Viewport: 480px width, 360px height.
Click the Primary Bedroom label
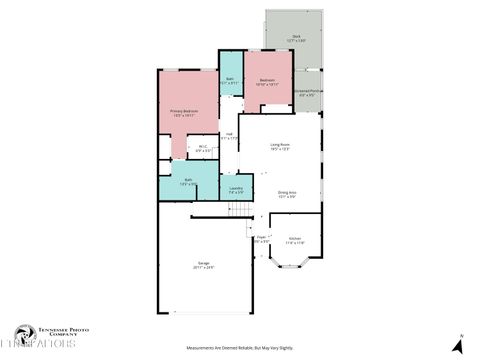pyautogui.click(x=183, y=112)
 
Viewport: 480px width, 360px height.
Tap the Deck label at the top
pyautogui.click(x=296, y=38)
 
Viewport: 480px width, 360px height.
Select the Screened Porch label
pyautogui.click(x=308, y=94)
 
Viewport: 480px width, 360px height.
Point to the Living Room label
pyautogui.click(x=280, y=146)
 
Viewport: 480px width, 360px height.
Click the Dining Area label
pyautogui.click(x=287, y=193)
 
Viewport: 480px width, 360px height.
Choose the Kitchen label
pyautogui.click(x=295, y=240)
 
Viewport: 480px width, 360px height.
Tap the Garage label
pyautogui.click(x=204, y=265)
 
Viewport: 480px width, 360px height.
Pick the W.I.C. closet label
pyautogui.click(x=202, y=149)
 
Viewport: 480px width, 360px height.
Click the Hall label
pyautogui.click(x=229, y=136)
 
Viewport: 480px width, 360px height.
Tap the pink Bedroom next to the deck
pyautogui.click(x=267, y=81)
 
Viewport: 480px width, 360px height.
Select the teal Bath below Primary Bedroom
pyautogui.click(x=188, y=181)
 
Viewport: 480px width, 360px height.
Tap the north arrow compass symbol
pyautogui.click(x=458, y=343)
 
